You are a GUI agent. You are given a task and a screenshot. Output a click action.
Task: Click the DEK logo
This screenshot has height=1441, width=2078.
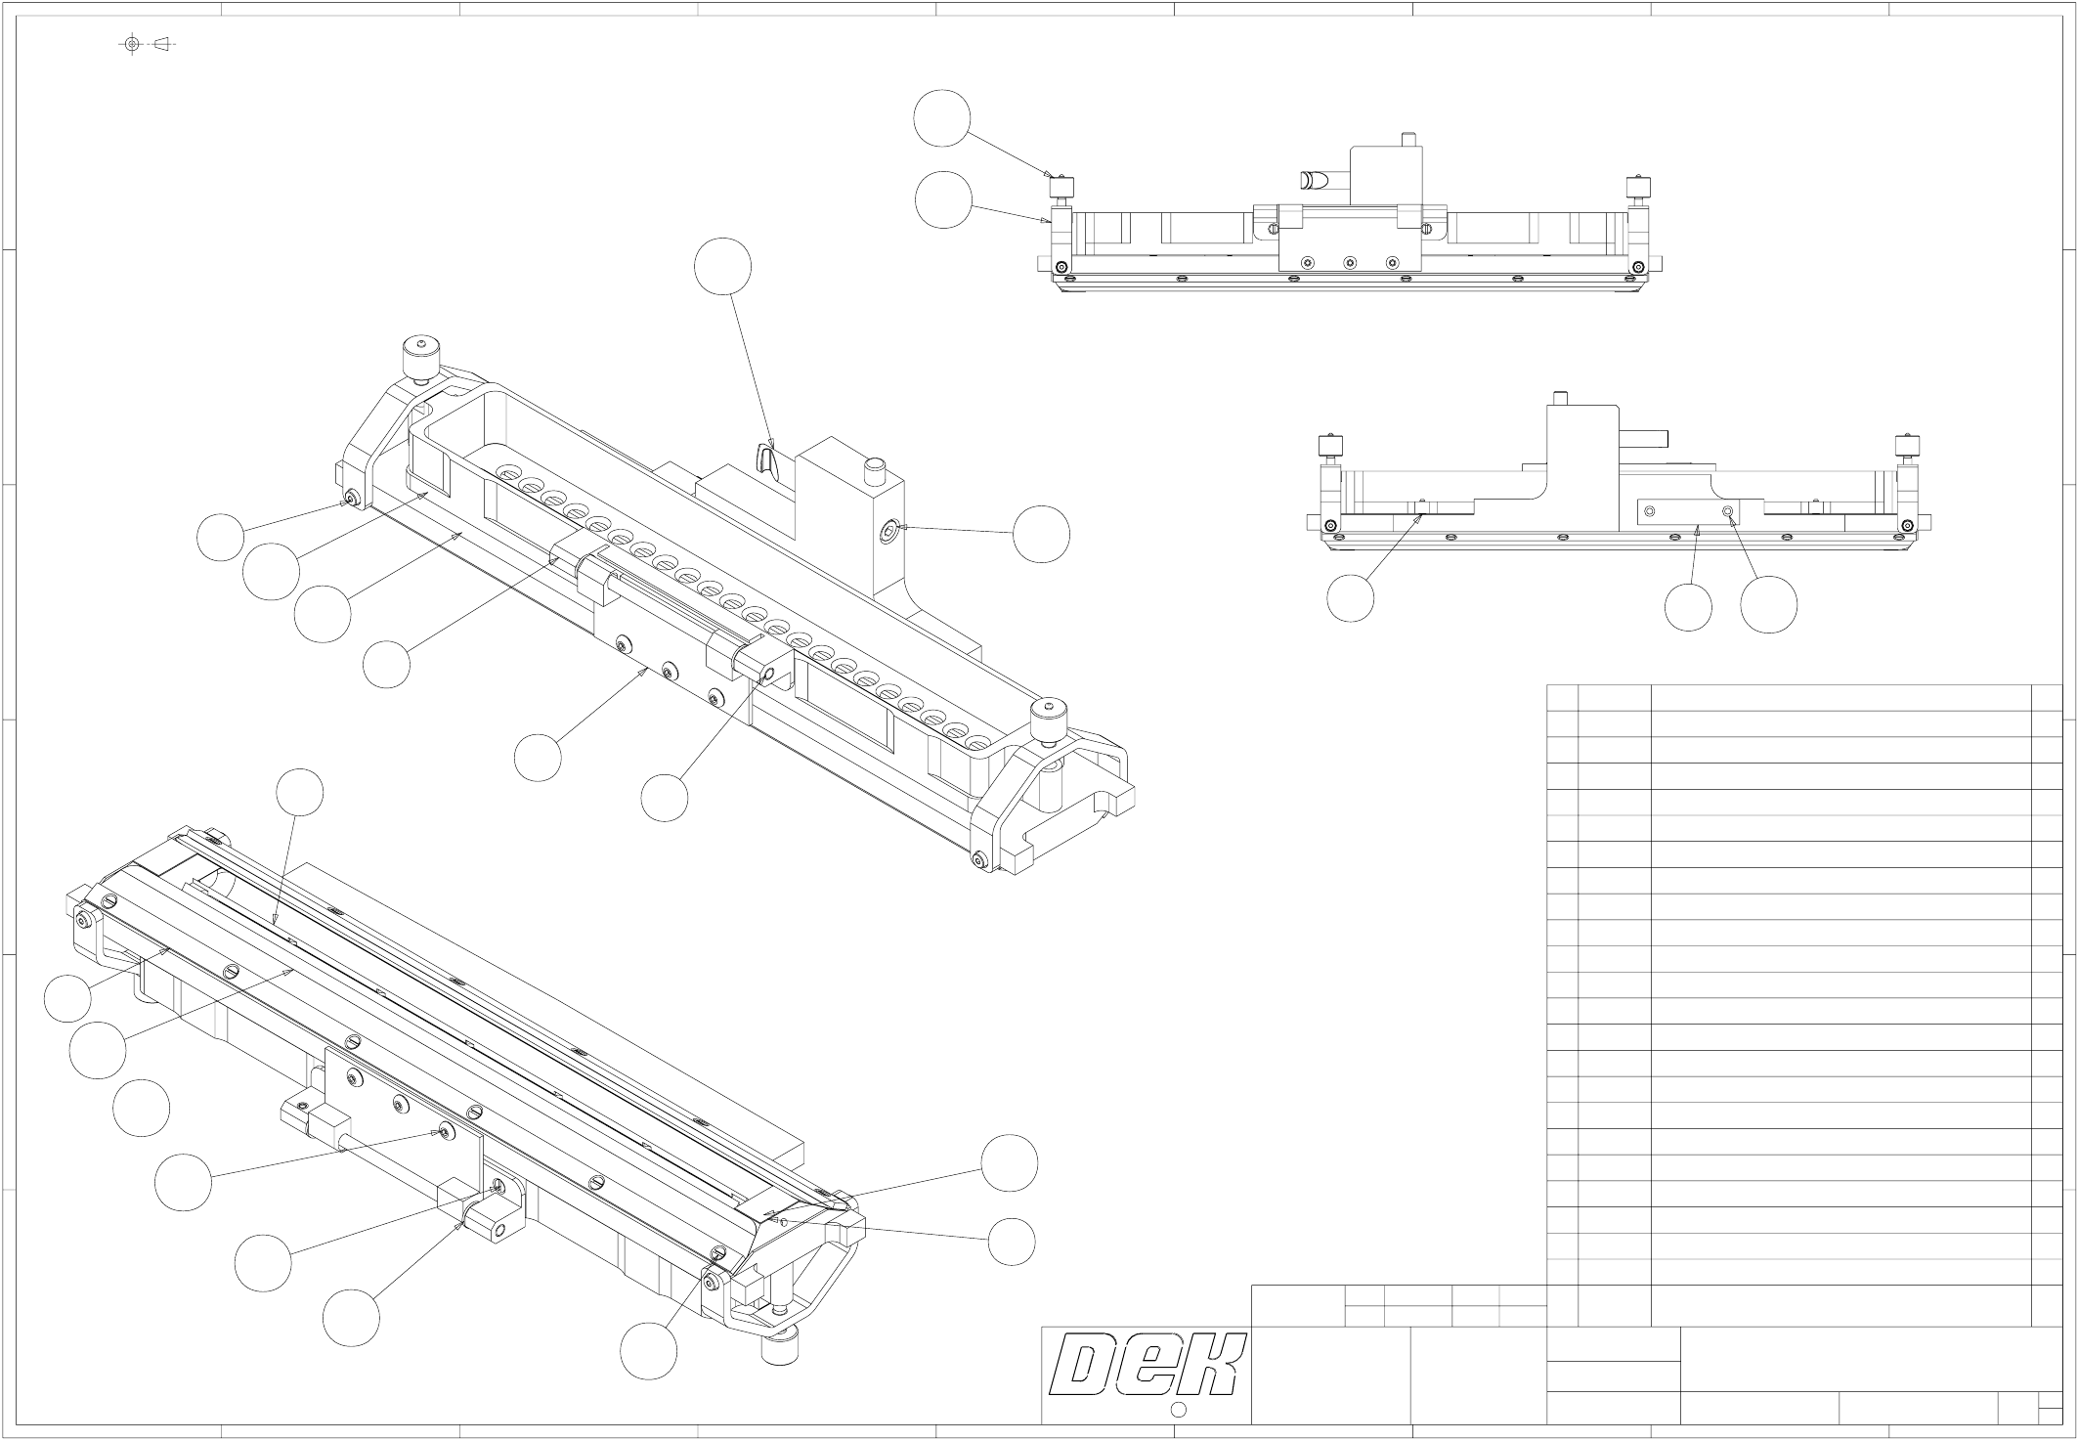pyautogui.click(x=1146, y=1364)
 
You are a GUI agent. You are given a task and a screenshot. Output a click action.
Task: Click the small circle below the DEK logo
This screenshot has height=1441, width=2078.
pyautogui.click(x=1178, y=1409)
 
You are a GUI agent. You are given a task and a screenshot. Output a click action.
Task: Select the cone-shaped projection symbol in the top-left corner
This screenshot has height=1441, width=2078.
pyautogui.click(x=162, y=44)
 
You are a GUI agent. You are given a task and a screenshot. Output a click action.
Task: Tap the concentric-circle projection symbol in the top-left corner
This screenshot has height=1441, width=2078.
pyautogui.click(x=132, y=44)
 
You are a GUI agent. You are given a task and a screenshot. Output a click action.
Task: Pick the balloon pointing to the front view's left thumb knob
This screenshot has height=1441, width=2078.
pyautogui.click(x=942, y=118)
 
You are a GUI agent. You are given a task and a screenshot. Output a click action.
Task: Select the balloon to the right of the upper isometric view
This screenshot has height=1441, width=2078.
pyautogui.click(x=1041, y=534)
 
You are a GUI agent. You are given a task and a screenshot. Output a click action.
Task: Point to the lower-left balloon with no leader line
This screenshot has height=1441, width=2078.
pyautogui.click(x=141, y=1109)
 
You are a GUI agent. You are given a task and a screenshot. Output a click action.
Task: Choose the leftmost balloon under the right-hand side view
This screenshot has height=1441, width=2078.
pyautogui.click(x=1350, y=597)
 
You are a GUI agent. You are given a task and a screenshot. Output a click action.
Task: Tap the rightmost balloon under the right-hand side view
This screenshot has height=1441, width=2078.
pyautogui.click(x=1768, y=604)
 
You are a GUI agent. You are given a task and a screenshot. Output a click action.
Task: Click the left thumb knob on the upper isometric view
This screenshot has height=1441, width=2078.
pyautogui.click(x=420, y=359)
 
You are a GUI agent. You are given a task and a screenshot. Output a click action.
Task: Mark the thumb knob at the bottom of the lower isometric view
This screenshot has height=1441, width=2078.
pyautogui.click(x=781, y=1348)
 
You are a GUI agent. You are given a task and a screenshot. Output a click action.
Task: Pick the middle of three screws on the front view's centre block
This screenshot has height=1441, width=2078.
pyautogui.click(x=1350, y=262)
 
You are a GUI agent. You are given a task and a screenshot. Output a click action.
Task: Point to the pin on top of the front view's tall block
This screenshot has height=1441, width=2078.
pyautogui.click(x=1407, y=140)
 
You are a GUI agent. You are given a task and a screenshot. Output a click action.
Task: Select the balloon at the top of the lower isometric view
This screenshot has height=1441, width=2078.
pyautogui.click(x=299, y=793)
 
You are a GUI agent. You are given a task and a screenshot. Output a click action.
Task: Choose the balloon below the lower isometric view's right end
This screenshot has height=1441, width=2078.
pyautogui.click(x=648, y=1351)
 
